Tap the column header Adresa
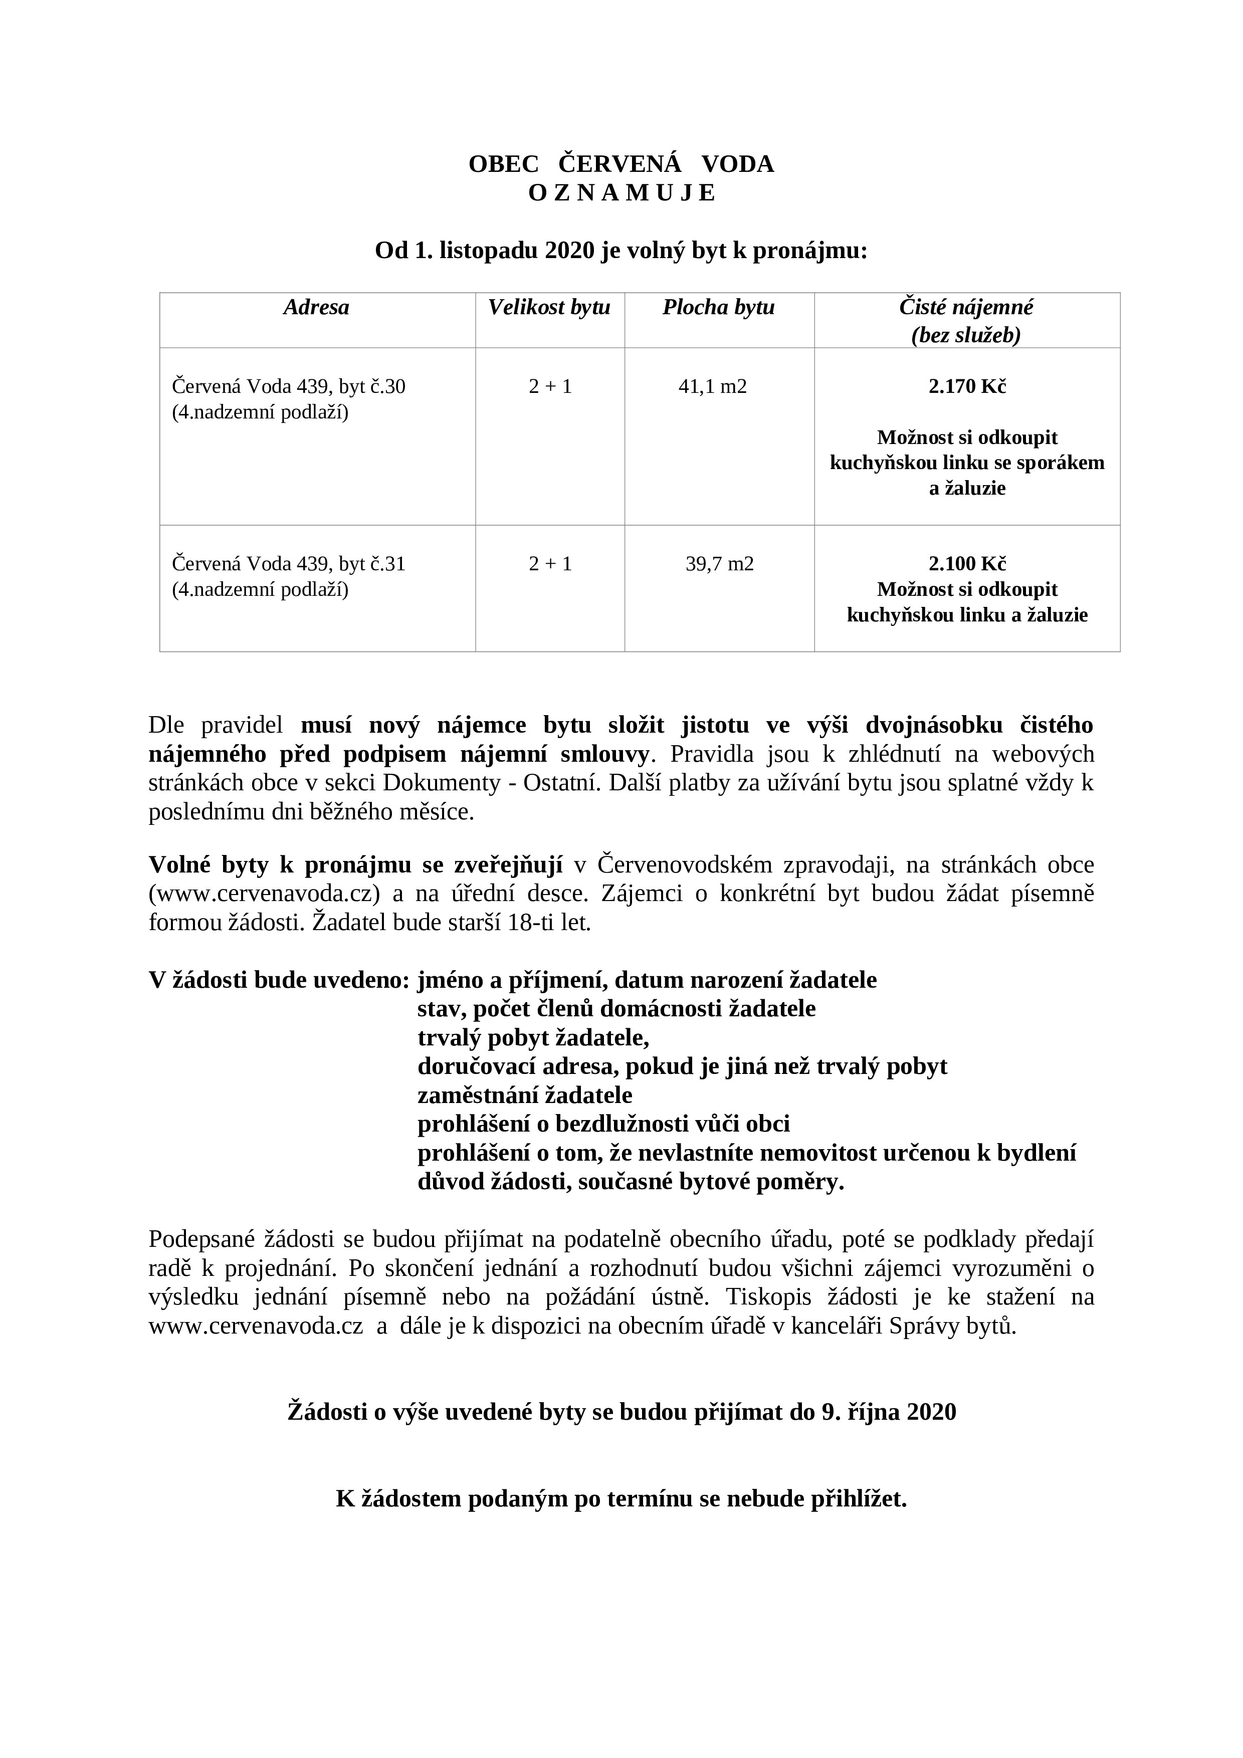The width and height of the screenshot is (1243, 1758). [316, 308]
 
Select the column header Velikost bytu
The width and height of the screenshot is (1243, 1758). [549, 308]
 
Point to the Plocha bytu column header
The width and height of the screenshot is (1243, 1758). [718, 308]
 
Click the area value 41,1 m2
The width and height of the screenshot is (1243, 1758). [712, 387]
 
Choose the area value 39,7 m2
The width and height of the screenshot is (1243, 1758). [719, 564]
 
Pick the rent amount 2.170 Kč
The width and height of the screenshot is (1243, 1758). [966, 387]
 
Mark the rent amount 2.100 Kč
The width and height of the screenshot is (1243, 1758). [966, 564]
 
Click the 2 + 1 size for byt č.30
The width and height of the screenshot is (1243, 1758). [550, 387]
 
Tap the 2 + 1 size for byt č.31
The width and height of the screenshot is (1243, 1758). [550, 564]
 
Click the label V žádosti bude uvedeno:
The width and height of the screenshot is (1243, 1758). [279, 980]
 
